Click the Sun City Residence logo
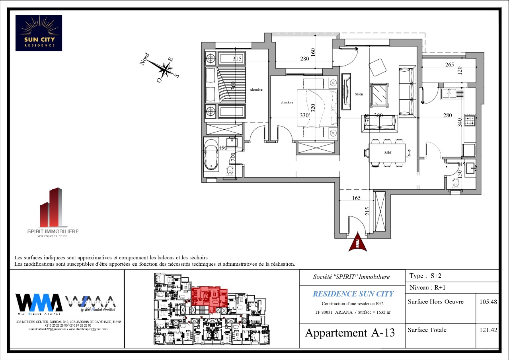pyautogui.click(x=39, y=33)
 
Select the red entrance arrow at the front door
pyautogui.click(x=357, y=243)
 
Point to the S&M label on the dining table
pyautogui.click(x=387, y=153)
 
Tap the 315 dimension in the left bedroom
pyautogui.click(x=237, y=59)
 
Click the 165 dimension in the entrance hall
pyautogui.click(x=356, y=198)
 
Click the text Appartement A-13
pyautogui.click(x=350, y=333)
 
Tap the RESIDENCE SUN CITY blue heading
pyautogui.click(x=353, y=294)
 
